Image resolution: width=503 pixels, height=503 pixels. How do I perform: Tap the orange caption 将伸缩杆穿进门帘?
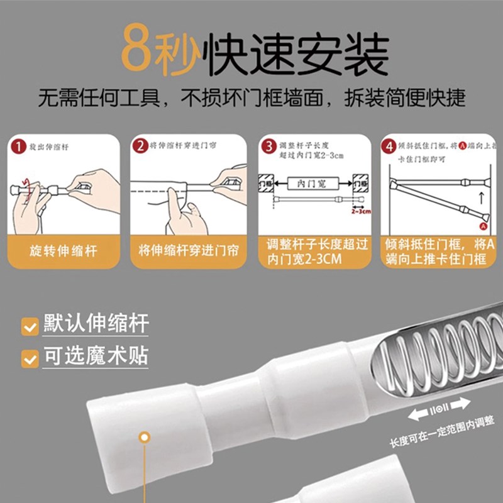189,251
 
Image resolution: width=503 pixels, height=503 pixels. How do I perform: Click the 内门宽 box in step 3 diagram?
312,184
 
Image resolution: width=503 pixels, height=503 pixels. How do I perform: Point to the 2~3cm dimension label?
361,212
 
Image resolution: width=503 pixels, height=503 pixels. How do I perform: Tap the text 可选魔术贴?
96,357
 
